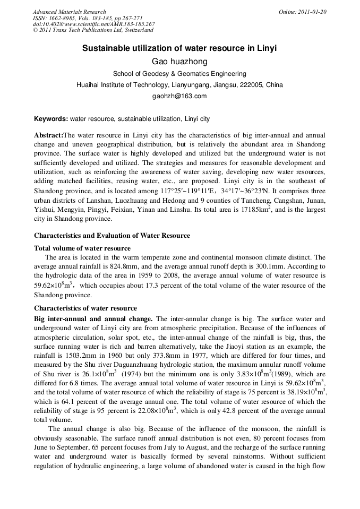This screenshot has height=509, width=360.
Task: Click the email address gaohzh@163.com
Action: click(179, 96)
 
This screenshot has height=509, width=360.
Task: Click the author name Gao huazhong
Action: click(179, 62)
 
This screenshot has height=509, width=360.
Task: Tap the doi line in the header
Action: click(94, 24)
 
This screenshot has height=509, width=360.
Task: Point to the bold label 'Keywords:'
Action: click(51, 119)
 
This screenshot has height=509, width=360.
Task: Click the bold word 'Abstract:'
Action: click(48, 135)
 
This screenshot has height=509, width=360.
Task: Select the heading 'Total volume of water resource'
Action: click(82, 248)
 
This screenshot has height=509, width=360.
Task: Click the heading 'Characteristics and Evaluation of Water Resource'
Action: click(112, 235)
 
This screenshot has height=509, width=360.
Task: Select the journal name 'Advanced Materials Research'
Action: click(70, 12)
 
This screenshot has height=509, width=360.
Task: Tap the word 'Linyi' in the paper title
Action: click(267, 48)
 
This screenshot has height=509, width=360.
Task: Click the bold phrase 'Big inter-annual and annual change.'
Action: click(93, 319)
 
